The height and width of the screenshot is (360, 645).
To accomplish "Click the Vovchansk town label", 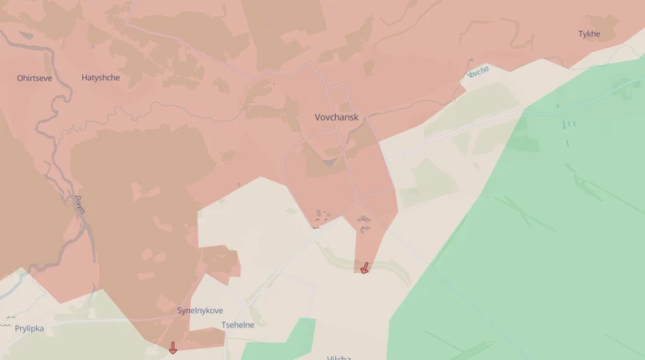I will (336, 117).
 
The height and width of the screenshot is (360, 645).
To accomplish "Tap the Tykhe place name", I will (589, 34).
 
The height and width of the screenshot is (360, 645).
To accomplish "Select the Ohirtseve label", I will (34, 78).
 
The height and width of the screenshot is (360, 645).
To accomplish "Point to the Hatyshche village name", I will (101, 78).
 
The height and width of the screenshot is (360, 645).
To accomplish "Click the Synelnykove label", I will (200, 311).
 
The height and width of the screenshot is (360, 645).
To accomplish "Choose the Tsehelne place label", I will (237, 325).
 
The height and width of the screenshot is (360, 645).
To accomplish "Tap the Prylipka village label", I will (29, 328).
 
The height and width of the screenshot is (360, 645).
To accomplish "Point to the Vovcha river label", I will (477, 73).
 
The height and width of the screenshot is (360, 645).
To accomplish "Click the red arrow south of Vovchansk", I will (364, 268).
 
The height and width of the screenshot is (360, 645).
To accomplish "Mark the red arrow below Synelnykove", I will (173, 347).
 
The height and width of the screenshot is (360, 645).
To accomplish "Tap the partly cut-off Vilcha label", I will (339, 357).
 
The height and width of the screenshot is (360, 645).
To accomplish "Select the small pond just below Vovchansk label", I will (329, 160).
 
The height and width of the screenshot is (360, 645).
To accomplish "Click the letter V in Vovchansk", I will (318, 117).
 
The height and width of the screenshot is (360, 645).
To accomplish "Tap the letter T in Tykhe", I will (580, 34).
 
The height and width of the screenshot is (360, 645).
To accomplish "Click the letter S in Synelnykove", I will (180, 311).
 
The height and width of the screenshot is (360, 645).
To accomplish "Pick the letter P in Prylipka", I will (18, 328).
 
